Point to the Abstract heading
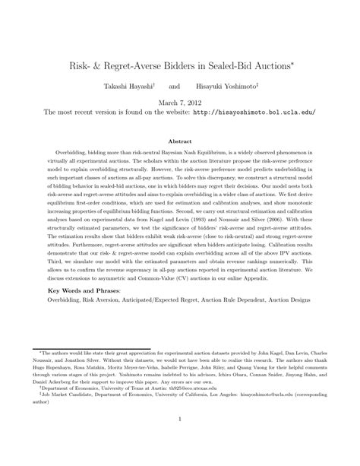point(179,141)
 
